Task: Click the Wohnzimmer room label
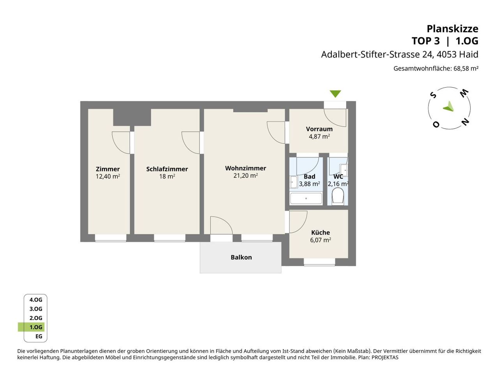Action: pyautogui.click(x=246, y=168)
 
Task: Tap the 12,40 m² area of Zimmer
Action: pyautogui.click(x=108, y=176)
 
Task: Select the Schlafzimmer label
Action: pyautogui.click(x=167, y=169)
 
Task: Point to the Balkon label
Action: pyautogui.click(x=241, y=257)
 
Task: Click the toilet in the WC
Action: pyautogui.click(x=338, y=196)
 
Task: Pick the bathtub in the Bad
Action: pyautogui.click(x=306, y=198)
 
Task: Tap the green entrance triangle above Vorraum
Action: pyautogui.click(x=335, y=94)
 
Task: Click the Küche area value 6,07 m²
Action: pyautogui.click(x=320, y=240)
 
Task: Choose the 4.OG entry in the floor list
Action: pyautogui.click(x=36, y=300)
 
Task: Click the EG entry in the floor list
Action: pyautogui.click(x=39, y=336)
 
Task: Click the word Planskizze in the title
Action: pyautogui.click(x=452, y=29)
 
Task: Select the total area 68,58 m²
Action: pyautogui.click(x=466, y=68)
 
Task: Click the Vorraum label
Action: pyautogui.click(x=319, y=129)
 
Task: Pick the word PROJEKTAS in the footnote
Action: pyautogui.click(x=385, y=357)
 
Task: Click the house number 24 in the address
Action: pyautogui.click(x=428, y=55)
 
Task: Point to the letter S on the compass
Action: pyautogui.click(x=434, y=95)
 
